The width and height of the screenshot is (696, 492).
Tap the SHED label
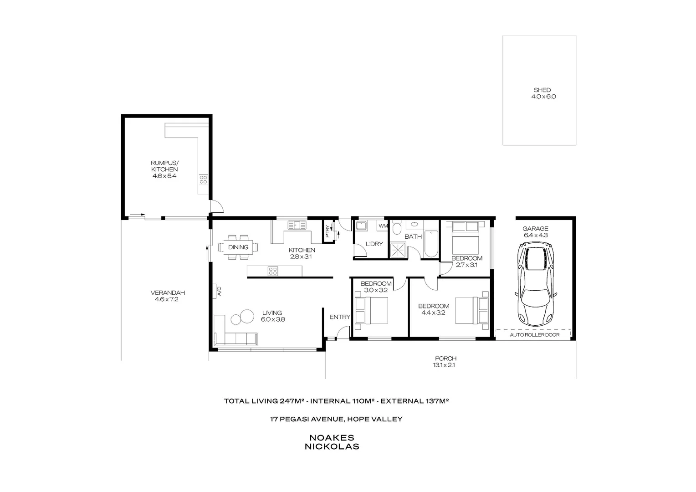(542, 90)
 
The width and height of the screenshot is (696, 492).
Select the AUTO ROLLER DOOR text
(534, 335)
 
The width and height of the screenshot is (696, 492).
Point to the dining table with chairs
(238, 247)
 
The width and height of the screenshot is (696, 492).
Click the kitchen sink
(297, 225)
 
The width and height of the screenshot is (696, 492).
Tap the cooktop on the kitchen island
(273, 271)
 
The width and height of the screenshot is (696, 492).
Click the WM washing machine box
(383, 226)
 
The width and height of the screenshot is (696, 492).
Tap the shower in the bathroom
(399, 250)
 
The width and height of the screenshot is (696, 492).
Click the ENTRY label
(340, 317)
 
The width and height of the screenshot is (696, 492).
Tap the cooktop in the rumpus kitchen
(203, 179)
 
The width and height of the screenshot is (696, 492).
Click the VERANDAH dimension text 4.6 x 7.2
(167, 299)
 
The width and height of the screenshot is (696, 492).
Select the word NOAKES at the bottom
(332, 438)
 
